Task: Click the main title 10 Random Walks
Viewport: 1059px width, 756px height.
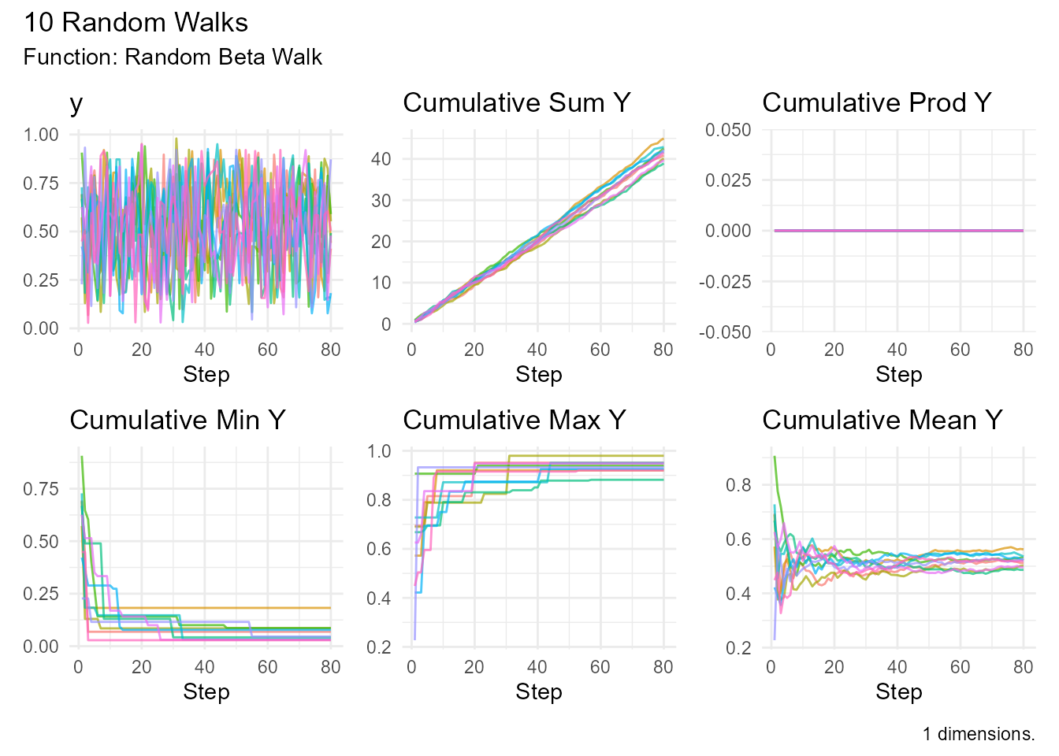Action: [136, 23]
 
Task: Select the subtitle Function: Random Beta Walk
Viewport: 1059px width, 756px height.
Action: [173, 57]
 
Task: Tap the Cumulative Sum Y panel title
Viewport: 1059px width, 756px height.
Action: [516, 103]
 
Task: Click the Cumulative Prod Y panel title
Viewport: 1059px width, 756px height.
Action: [876, 103]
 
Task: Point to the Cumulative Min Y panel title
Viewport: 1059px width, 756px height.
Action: [177, 421]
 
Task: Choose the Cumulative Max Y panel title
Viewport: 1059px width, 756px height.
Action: [514, 421]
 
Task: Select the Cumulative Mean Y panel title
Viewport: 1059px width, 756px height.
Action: [882, 421]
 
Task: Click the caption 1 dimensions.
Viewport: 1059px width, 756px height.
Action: [979, 735]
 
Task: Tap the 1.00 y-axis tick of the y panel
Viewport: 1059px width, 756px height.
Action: [41, 135]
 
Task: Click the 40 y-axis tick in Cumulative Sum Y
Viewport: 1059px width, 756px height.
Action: [381, 159]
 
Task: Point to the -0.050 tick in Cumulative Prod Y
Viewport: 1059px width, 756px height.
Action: [725, 332]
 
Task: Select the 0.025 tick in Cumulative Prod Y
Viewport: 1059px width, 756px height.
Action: [728, 180]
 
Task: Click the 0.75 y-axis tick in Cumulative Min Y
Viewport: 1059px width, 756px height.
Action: [41, 489]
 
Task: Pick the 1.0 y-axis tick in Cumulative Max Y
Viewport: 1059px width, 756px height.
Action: [380, 451]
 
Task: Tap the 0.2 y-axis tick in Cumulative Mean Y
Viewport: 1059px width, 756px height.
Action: [739, 648]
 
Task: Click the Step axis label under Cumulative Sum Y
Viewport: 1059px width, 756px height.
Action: [539, 375]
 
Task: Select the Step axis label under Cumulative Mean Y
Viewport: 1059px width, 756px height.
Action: [898, 692]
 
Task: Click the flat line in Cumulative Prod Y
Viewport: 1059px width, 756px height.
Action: [898, 231]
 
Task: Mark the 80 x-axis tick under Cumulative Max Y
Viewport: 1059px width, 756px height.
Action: [663, 668]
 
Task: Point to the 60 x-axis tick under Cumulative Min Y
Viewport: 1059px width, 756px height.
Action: [268, 668]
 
